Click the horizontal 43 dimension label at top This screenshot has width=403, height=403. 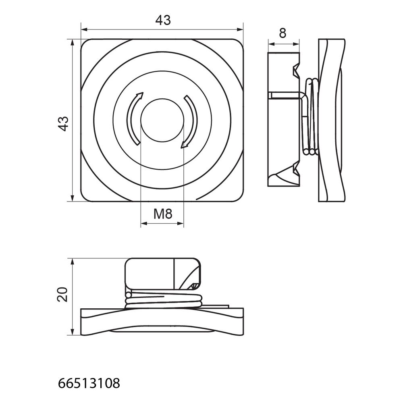163,20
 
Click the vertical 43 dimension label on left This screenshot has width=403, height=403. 63,124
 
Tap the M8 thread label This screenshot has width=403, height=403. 163,214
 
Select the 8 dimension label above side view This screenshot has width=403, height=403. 283,33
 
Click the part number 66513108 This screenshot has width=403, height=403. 89,384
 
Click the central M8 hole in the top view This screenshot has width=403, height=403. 162,120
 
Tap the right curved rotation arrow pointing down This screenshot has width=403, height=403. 190,122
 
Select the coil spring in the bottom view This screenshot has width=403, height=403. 164,299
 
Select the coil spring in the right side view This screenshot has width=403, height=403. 311,117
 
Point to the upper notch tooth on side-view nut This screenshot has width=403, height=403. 296,69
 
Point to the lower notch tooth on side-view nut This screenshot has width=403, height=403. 296,169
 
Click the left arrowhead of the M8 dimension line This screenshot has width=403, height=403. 144,224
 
